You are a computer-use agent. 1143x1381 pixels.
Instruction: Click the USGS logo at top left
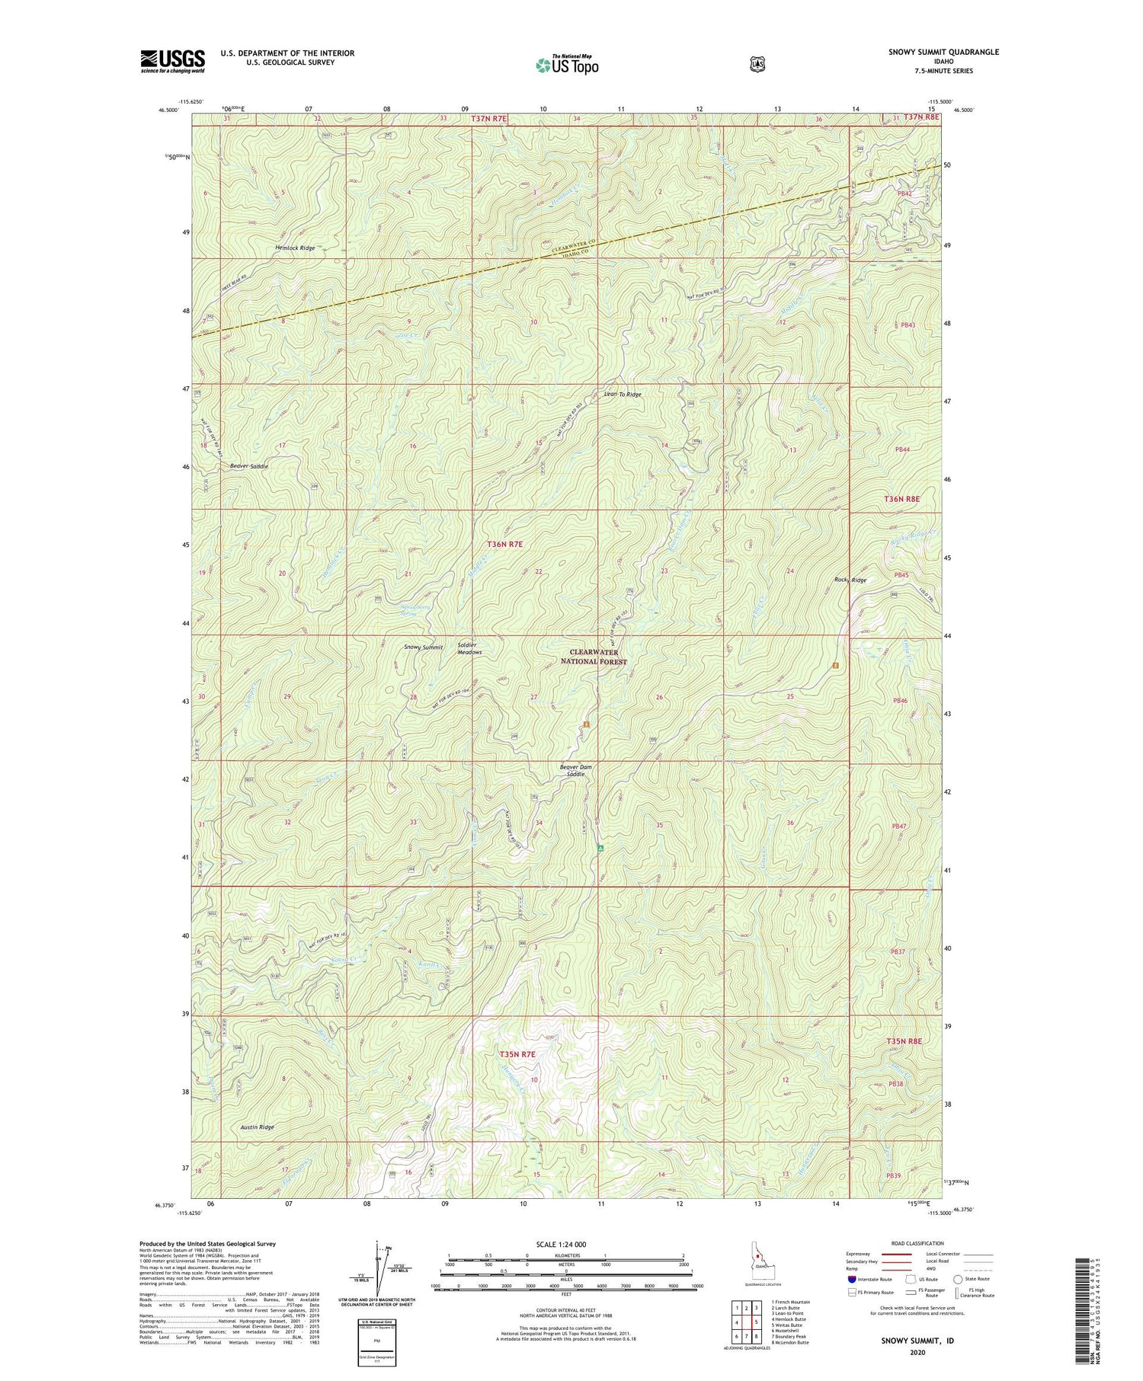[x=172, y=60]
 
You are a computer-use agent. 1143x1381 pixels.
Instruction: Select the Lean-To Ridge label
[x=623, y=395]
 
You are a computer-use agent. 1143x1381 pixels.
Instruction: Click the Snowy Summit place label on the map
[x=423, y=647]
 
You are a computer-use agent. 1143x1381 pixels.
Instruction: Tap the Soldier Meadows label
[x=469, y=649]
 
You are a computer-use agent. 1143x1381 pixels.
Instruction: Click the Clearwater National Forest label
[x=598, y=657]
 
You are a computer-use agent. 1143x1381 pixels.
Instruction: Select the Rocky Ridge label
[x=850, y=580]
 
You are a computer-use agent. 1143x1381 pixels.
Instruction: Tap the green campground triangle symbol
[x=600, y=848]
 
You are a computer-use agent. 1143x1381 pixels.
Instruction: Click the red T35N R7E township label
[x=517, y=1054]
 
